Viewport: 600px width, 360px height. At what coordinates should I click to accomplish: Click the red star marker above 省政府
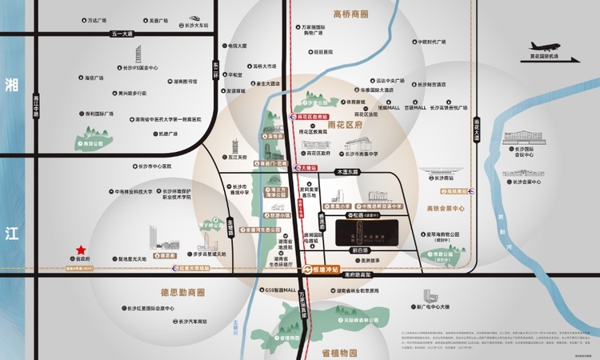(81, 250)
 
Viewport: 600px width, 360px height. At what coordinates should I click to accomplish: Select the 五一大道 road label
(122, 34)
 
